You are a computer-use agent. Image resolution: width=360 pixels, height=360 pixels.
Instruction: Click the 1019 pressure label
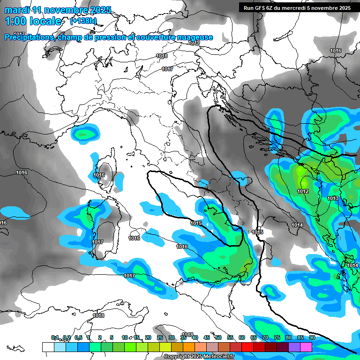click(x=195, y=43)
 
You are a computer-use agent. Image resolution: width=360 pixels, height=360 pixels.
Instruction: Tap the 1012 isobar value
click(x=303, y=191)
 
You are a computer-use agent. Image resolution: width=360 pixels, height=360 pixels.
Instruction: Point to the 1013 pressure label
click(x=333, y=199)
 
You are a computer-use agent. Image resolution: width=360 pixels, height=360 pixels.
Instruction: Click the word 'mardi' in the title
click(x=15, y=10)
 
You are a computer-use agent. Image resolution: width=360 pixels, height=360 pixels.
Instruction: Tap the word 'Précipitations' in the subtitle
click(x=29, y=37)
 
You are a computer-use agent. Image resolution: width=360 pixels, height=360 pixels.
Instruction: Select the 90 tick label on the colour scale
click(x=312, y=337)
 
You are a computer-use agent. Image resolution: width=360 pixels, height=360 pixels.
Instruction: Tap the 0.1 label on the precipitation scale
click(x=55, y=337)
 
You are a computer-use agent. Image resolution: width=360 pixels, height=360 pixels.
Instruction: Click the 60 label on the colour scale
click(x=241, y=337)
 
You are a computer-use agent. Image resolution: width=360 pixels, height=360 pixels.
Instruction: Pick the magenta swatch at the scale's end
click(x=306, y=347)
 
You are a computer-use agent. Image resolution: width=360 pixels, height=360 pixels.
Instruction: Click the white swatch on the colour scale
click(x=48, y=347)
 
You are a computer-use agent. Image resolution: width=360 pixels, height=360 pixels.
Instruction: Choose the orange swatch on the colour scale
click(x=188, y=347)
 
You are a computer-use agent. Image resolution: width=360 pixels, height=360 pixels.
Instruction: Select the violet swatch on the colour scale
click(x=294, y=347)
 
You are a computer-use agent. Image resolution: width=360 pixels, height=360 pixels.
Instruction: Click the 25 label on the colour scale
click(x=159, y=337)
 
